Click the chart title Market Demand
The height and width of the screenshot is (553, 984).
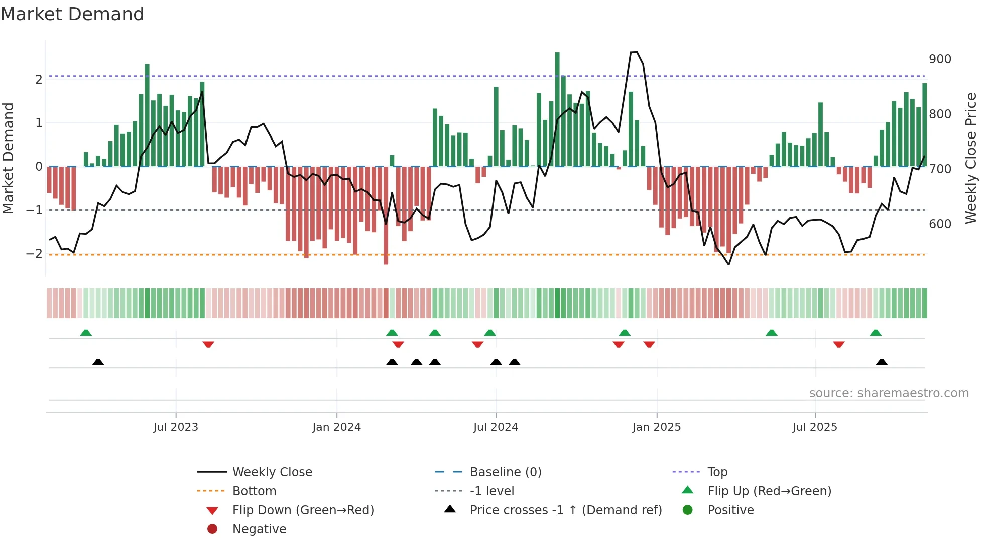72,14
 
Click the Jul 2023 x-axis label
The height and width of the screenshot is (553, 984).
176,427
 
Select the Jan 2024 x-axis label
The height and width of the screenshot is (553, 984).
336,427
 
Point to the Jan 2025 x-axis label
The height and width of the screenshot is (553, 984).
656,427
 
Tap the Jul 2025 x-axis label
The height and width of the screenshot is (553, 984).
815,427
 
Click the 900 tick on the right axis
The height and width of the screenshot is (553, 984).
940,59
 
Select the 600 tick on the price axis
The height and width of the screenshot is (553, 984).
940,224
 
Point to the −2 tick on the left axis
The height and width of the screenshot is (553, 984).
34,254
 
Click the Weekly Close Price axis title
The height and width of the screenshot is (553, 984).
971,158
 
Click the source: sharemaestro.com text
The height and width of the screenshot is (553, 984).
889,393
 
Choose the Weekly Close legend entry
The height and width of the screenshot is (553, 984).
272,472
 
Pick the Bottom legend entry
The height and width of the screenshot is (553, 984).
254,491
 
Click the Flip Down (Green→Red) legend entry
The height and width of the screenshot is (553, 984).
303,510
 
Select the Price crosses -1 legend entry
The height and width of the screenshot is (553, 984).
565,510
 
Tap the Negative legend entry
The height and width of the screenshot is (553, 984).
259,529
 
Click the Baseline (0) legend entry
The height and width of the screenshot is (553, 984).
505,472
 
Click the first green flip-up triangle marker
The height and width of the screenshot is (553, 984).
86,333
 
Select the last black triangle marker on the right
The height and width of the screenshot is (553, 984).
882,362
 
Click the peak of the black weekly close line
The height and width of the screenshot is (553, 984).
634,52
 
